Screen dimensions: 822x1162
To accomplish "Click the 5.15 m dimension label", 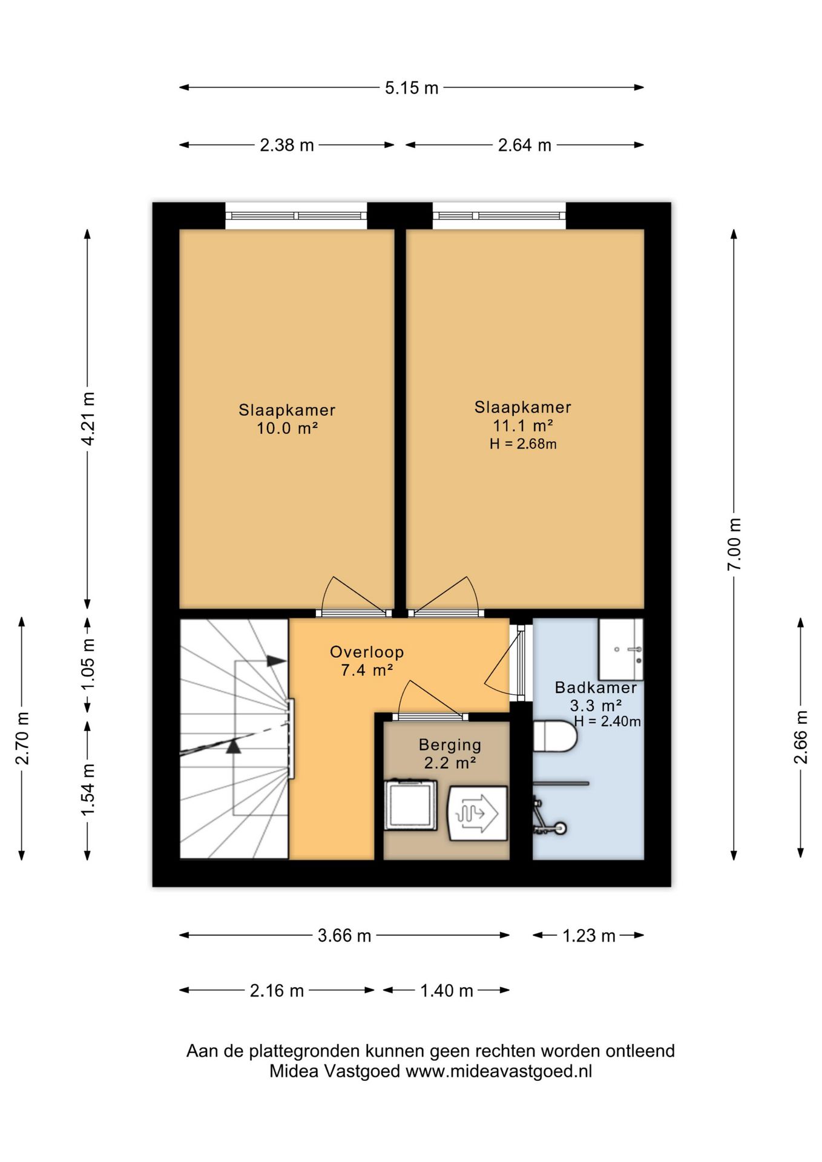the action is pos(412,88).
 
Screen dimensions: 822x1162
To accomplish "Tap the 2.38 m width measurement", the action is pos(287,145).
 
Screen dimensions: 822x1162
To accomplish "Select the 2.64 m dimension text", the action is pos(525,145).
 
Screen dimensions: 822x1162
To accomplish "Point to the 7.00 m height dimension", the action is pos(734,544).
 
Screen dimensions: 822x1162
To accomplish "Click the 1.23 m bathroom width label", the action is pos(589,936).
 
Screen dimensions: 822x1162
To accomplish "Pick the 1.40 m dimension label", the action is pos(447,991).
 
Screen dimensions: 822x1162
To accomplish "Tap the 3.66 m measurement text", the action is pos(344,936).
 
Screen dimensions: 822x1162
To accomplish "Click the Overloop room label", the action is pos(367,652).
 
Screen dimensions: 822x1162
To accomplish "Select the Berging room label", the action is pos(450,745).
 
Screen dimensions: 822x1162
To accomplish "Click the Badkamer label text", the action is pos(596,688).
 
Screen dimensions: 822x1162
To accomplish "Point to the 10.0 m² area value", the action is pos(288,428).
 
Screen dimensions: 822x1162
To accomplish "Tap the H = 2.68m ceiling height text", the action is pos(523,444).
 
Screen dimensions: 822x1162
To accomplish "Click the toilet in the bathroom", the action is pos(555,735).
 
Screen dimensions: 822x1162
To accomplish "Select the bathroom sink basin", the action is pos(620,649).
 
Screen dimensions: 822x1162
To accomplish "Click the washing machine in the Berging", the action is pos(410,804).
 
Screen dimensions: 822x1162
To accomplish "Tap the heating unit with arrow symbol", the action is pos(477,813).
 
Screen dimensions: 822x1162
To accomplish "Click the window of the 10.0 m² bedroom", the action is pos(296,215).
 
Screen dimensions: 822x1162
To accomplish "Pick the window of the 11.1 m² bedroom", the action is pos(499,215).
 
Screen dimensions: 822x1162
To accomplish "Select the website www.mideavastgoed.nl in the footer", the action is pos(499,1071).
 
